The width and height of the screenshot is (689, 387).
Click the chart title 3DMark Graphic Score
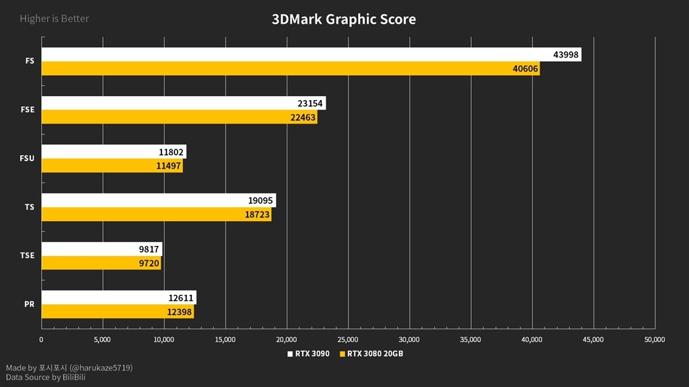(x=344, y=19)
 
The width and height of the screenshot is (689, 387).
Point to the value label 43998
(x=565, y=54)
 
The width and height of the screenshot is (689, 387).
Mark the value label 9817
(x=148, y=249)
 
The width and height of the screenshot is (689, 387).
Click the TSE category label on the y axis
(x=27, y=255)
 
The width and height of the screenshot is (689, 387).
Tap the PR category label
(x=29, y=304)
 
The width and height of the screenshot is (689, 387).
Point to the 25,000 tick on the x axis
(x=348, y=339)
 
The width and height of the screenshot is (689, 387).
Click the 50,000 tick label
(x=654, y=339)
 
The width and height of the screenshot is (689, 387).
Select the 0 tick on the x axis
(x=42, y=339)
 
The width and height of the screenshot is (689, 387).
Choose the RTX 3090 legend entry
(x=309, y=353)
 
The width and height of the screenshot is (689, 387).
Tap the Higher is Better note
(x=55, y=18)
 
